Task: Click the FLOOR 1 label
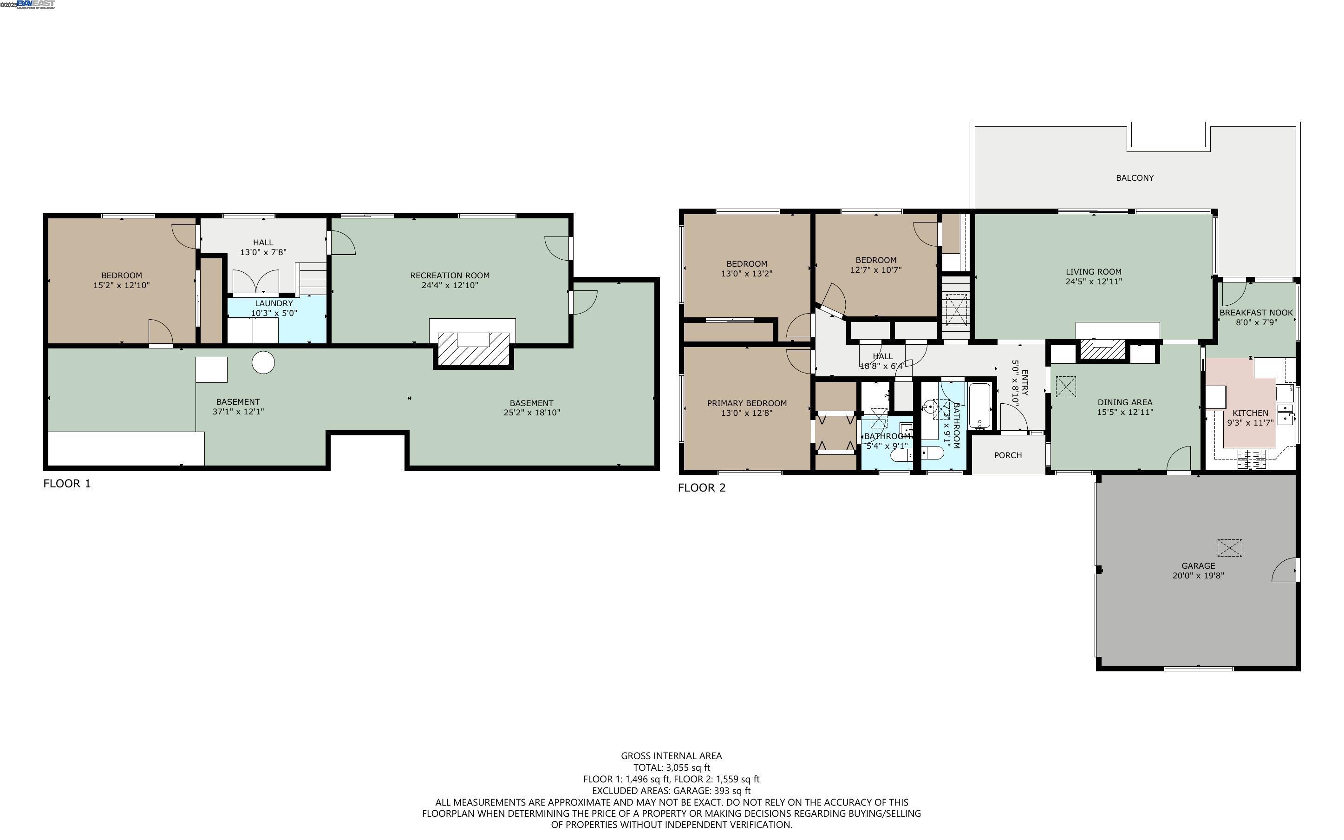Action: click(x=66, y=483)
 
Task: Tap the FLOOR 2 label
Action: click(x=701, y=488)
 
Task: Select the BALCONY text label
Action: click(x=1134, y=178)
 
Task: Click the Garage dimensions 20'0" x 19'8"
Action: click(x=1197, y=576)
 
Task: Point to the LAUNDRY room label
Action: click(x=274, y=303)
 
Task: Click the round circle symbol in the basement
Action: click(x=263, y=363)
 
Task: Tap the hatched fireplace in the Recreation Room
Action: click(x=473, y=348)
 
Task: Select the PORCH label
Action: click(x=1008, y=455)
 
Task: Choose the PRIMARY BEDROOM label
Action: click(x=746, y=403)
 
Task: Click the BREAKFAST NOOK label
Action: click(x=1256, y=313)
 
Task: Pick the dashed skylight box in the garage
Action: click(x=1230, y=548)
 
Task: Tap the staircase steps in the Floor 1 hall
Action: click(x=313, y=278)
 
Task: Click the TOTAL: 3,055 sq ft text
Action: click(x=671, y=767)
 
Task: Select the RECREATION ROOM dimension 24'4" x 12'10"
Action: click(x=450, y=285)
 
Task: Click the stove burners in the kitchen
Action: click(x=1251, y=459)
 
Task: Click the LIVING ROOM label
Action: click(x=1093, y=272)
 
